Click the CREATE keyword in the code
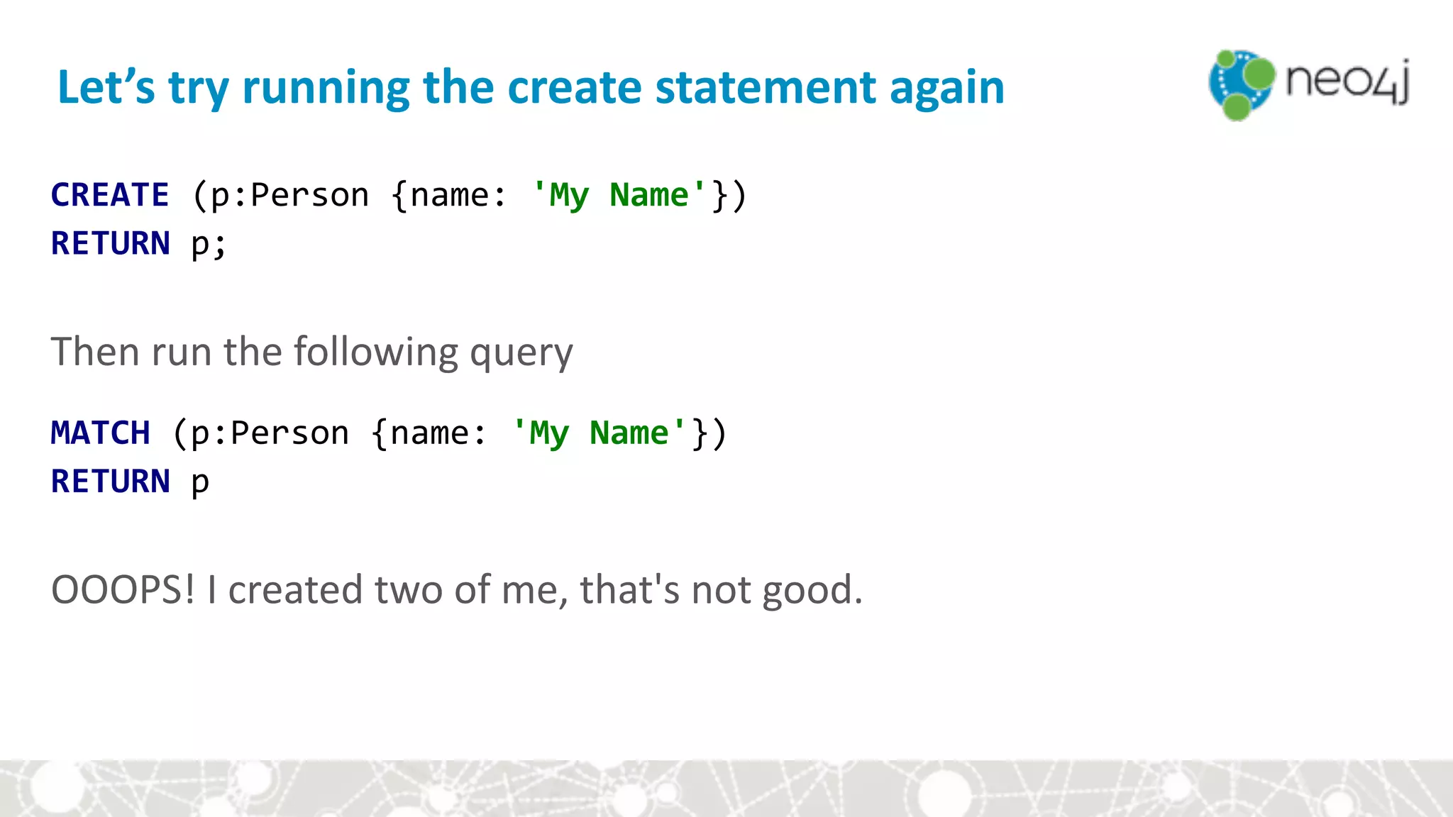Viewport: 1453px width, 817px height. (110, 195)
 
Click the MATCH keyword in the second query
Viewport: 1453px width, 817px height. (100, 433)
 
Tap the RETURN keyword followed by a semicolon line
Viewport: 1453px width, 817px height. (110, 243)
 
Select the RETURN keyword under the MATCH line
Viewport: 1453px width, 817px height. (110, 482)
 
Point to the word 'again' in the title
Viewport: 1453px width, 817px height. (946, 89)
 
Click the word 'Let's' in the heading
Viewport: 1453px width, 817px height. (106, 87)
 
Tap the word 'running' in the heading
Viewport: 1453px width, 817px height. (326, 89)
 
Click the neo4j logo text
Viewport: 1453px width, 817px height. (1347, 82)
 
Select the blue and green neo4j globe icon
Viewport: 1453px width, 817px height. (1241, 84)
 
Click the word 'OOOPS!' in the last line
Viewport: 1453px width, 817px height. (123, 590)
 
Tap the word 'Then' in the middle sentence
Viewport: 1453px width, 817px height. (94, 352)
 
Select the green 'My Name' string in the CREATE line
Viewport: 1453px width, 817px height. (619, 195)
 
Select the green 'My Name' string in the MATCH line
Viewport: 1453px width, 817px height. (599, 433)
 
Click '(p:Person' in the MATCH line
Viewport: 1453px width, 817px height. (260, 433)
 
